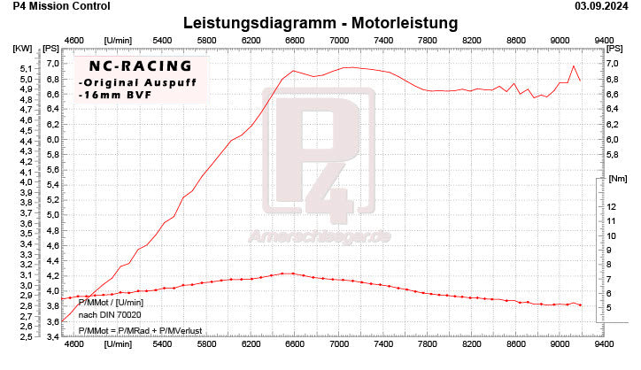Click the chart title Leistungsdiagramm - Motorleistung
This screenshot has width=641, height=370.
point(320,22)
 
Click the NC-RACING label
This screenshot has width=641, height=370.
point(133,66)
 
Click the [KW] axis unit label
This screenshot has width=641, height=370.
point(22,48)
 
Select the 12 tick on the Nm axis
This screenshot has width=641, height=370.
point(612,206)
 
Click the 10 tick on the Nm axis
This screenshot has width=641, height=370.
point(612,235)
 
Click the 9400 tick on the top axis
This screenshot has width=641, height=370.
point(604,40)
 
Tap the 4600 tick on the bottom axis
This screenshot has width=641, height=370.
point(74,348)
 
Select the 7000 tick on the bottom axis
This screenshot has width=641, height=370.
point(339,348)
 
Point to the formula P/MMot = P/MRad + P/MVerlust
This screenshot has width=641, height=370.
point(140,331)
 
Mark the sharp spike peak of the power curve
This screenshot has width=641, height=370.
point(574,66)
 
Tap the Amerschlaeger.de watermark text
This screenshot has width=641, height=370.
point(320,237)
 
